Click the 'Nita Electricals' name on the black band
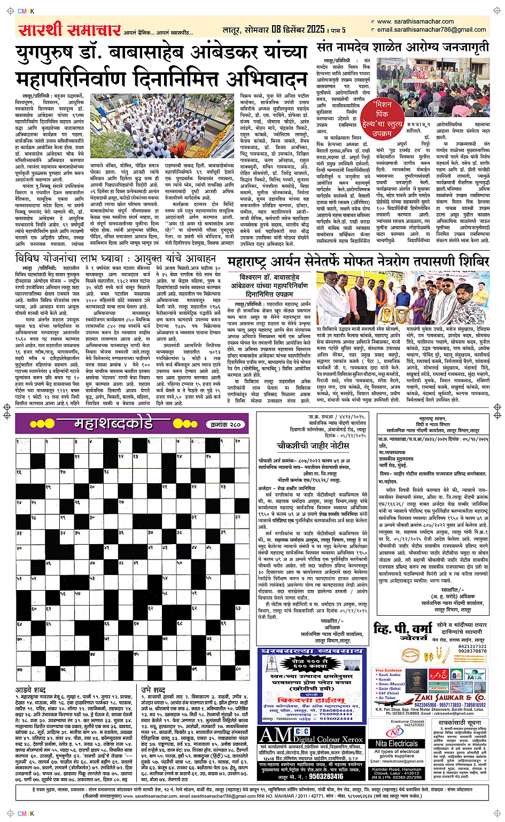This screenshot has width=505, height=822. click(x=396, y=743)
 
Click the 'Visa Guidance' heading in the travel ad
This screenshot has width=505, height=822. click(x=389, y=670)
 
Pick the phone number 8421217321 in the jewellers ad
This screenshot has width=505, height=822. click(x=472, y=646)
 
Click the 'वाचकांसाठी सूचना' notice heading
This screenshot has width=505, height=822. click(x=459, y=722)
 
